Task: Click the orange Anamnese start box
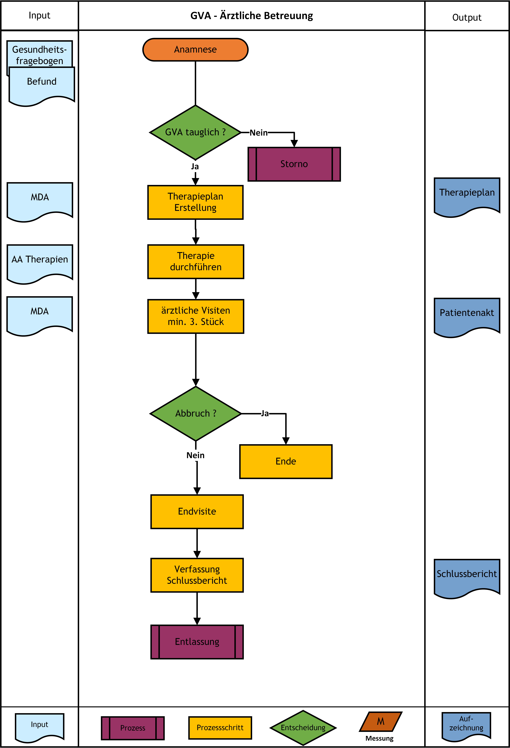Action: (x=195, y=50)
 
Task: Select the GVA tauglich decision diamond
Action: (x=195, y=132)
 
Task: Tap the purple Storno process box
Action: (x=294, y=164)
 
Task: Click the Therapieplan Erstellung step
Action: (x=195, y=202)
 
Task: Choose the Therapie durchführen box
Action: (x=196, y=261)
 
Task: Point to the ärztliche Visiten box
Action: (x=196, y=316)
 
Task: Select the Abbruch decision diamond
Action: (x=196, y=413)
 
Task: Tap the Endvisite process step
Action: (x=197, y=511)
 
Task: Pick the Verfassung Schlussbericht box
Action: (x=197, y=575)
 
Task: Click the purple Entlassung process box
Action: (x=197, y=642)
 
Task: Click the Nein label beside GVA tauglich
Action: (x=259, y=133)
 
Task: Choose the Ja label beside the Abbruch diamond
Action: (x=265, y=413)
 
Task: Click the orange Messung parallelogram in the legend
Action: (x=381, y=721)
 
